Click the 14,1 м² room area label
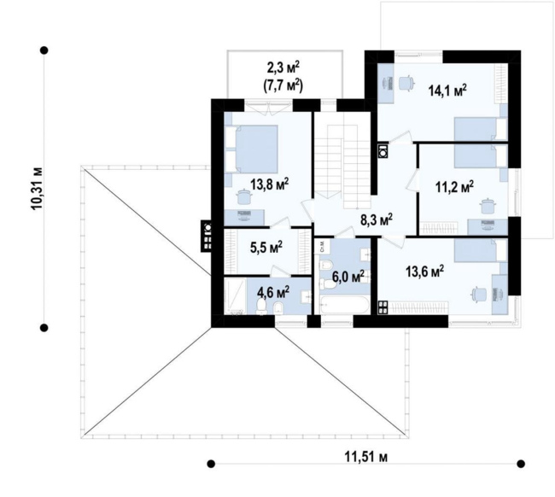(447, 91)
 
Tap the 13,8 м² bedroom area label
(270, 184)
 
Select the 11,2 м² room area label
(454, 187)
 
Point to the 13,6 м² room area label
(424, 272)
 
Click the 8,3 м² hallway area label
(377, 219)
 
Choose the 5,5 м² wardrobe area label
(266, 248)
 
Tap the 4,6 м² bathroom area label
(273, 292)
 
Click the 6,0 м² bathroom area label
(348, 276)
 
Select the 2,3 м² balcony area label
(283, 67)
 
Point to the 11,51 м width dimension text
(366, 457)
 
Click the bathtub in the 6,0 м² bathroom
(344, 305)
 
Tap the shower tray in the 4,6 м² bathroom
(235, 296)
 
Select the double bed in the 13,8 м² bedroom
(252, 149)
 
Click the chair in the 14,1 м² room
(406, 84)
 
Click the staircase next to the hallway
(343, 167)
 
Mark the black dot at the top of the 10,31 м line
(44, 50)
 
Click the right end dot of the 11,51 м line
(521, 464)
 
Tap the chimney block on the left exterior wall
(207, 236)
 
